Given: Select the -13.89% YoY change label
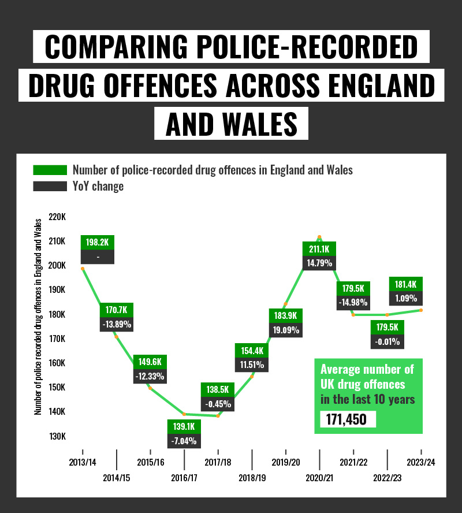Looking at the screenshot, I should click(x=116, y=324).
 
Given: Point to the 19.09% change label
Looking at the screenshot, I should click(x=285, y=330).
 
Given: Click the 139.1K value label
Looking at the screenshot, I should click(x=184, y=426).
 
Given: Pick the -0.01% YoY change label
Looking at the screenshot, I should click(x=388, y=341).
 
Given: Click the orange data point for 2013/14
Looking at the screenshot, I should click(x=83, y=269).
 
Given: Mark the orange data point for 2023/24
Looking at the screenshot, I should click(x=421, y=310).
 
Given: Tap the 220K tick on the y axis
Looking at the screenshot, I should click(x=58, y=217).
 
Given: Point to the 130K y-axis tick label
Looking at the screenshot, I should click(x=58, y=436).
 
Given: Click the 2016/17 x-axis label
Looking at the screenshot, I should click(x=184, y=478).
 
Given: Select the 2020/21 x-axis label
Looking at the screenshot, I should click(x=319, y=478).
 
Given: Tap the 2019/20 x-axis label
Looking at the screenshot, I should click(x=286, y=462).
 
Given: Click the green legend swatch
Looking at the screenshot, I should click(x=50, y=170).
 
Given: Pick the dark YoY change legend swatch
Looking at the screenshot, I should click(x=50, y=187).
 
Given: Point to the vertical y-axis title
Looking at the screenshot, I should click(x=38, y=317).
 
